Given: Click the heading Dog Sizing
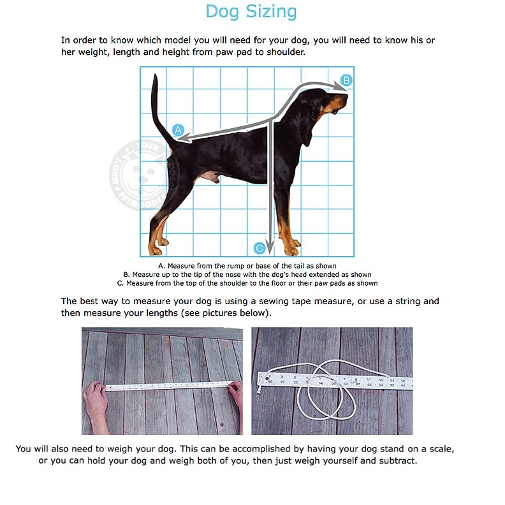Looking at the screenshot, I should click(251, 11).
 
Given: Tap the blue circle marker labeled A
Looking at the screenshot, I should click(179, 129).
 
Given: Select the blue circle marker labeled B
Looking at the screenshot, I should click(346, 80).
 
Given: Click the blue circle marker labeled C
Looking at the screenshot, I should click(259, 248).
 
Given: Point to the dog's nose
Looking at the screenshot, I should click(345, 96).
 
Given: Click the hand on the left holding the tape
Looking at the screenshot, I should click(96, 399).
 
